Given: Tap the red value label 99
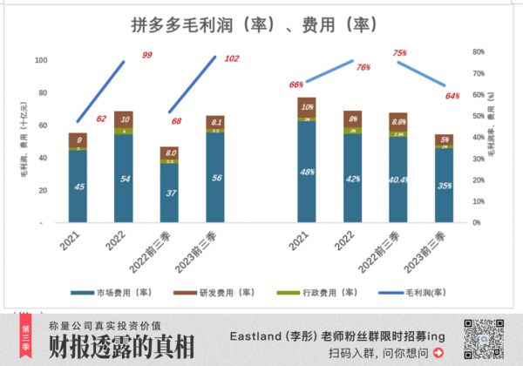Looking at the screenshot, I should click(x=147, y=55).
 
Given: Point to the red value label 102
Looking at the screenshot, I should click(x=232, y=58).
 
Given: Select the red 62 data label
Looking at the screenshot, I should click(x=102, y=119).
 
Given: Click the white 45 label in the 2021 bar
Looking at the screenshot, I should click(x=79, y=187).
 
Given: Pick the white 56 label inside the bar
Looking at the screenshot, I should click(x=216, y=177).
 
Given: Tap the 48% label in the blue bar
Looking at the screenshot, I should click(x=307, y=172).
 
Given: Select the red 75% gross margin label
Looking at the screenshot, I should click(x=400, y=53).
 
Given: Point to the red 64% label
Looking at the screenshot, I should click(x=452, y=96).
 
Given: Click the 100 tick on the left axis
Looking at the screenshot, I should click(x=41, y=60).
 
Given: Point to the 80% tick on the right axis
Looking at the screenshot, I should click(x=479, y=51).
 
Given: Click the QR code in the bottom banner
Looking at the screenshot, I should click(x=480, y=339).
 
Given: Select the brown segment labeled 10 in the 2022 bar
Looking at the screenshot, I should click(x=126, y=119).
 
